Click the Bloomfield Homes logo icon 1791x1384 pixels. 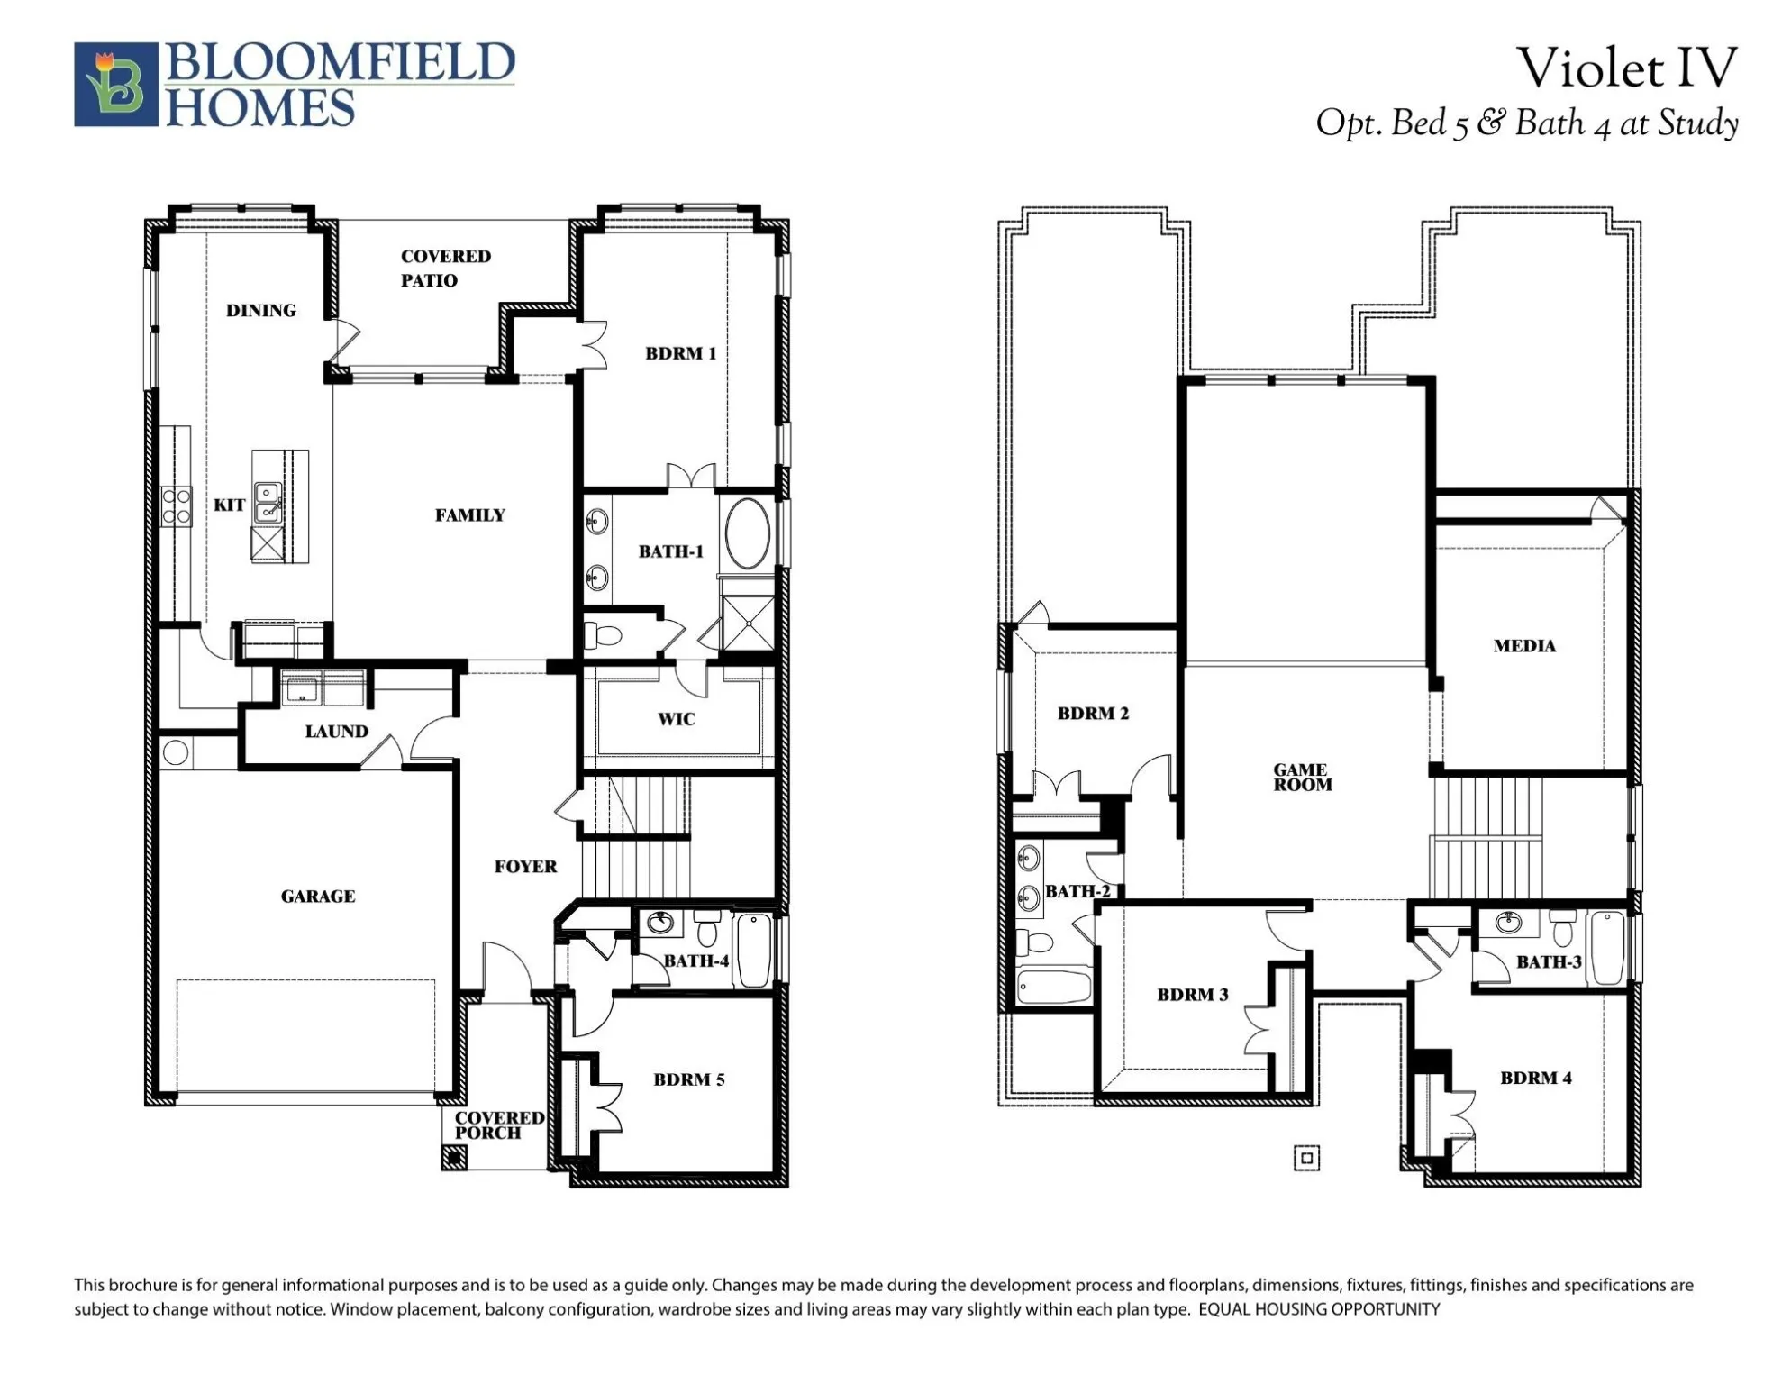(115, 84)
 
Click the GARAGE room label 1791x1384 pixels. (317, 897)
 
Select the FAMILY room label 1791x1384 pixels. (469, 515)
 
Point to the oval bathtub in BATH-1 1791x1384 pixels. (748, 533)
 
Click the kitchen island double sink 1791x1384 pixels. (267, 503)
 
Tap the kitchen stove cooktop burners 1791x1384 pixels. (177, 506)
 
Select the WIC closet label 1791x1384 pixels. (676, 719)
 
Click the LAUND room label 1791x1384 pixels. (336, 732)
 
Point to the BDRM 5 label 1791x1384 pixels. (688, 1079)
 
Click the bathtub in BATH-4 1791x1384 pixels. (753, 951)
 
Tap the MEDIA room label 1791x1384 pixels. (1523, 646)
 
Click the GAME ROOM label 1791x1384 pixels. (1301, 777)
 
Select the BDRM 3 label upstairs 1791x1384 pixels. (1192, 995)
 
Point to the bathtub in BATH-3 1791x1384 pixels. (1606, 949)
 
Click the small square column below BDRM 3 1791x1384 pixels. (1306, 1158)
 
